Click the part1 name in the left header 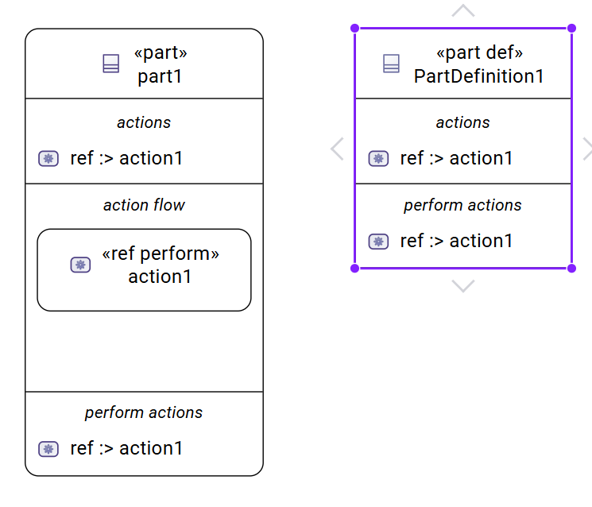click(160, 76)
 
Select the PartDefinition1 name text click(479, 76)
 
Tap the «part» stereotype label click(161, 53)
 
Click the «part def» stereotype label click(479, 53)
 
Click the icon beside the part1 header click(111, 64)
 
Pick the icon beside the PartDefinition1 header click(391, 64)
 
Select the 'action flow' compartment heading click(144, 205)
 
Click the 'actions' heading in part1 click(144, 122)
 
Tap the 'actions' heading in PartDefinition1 click(462, 122)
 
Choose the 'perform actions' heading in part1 click(144, 412)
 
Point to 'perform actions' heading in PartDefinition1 click(462, 205)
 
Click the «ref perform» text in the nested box click(161, 253)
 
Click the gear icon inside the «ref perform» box click(80, 265)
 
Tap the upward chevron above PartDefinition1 click(462, 11)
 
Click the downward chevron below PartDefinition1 click(462, 286)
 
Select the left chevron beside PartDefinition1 click(337, 149)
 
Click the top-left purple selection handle click(355, 28)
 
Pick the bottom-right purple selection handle click(571, 268)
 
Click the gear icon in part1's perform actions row click(48, 449)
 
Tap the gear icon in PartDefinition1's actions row click(378, 158)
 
